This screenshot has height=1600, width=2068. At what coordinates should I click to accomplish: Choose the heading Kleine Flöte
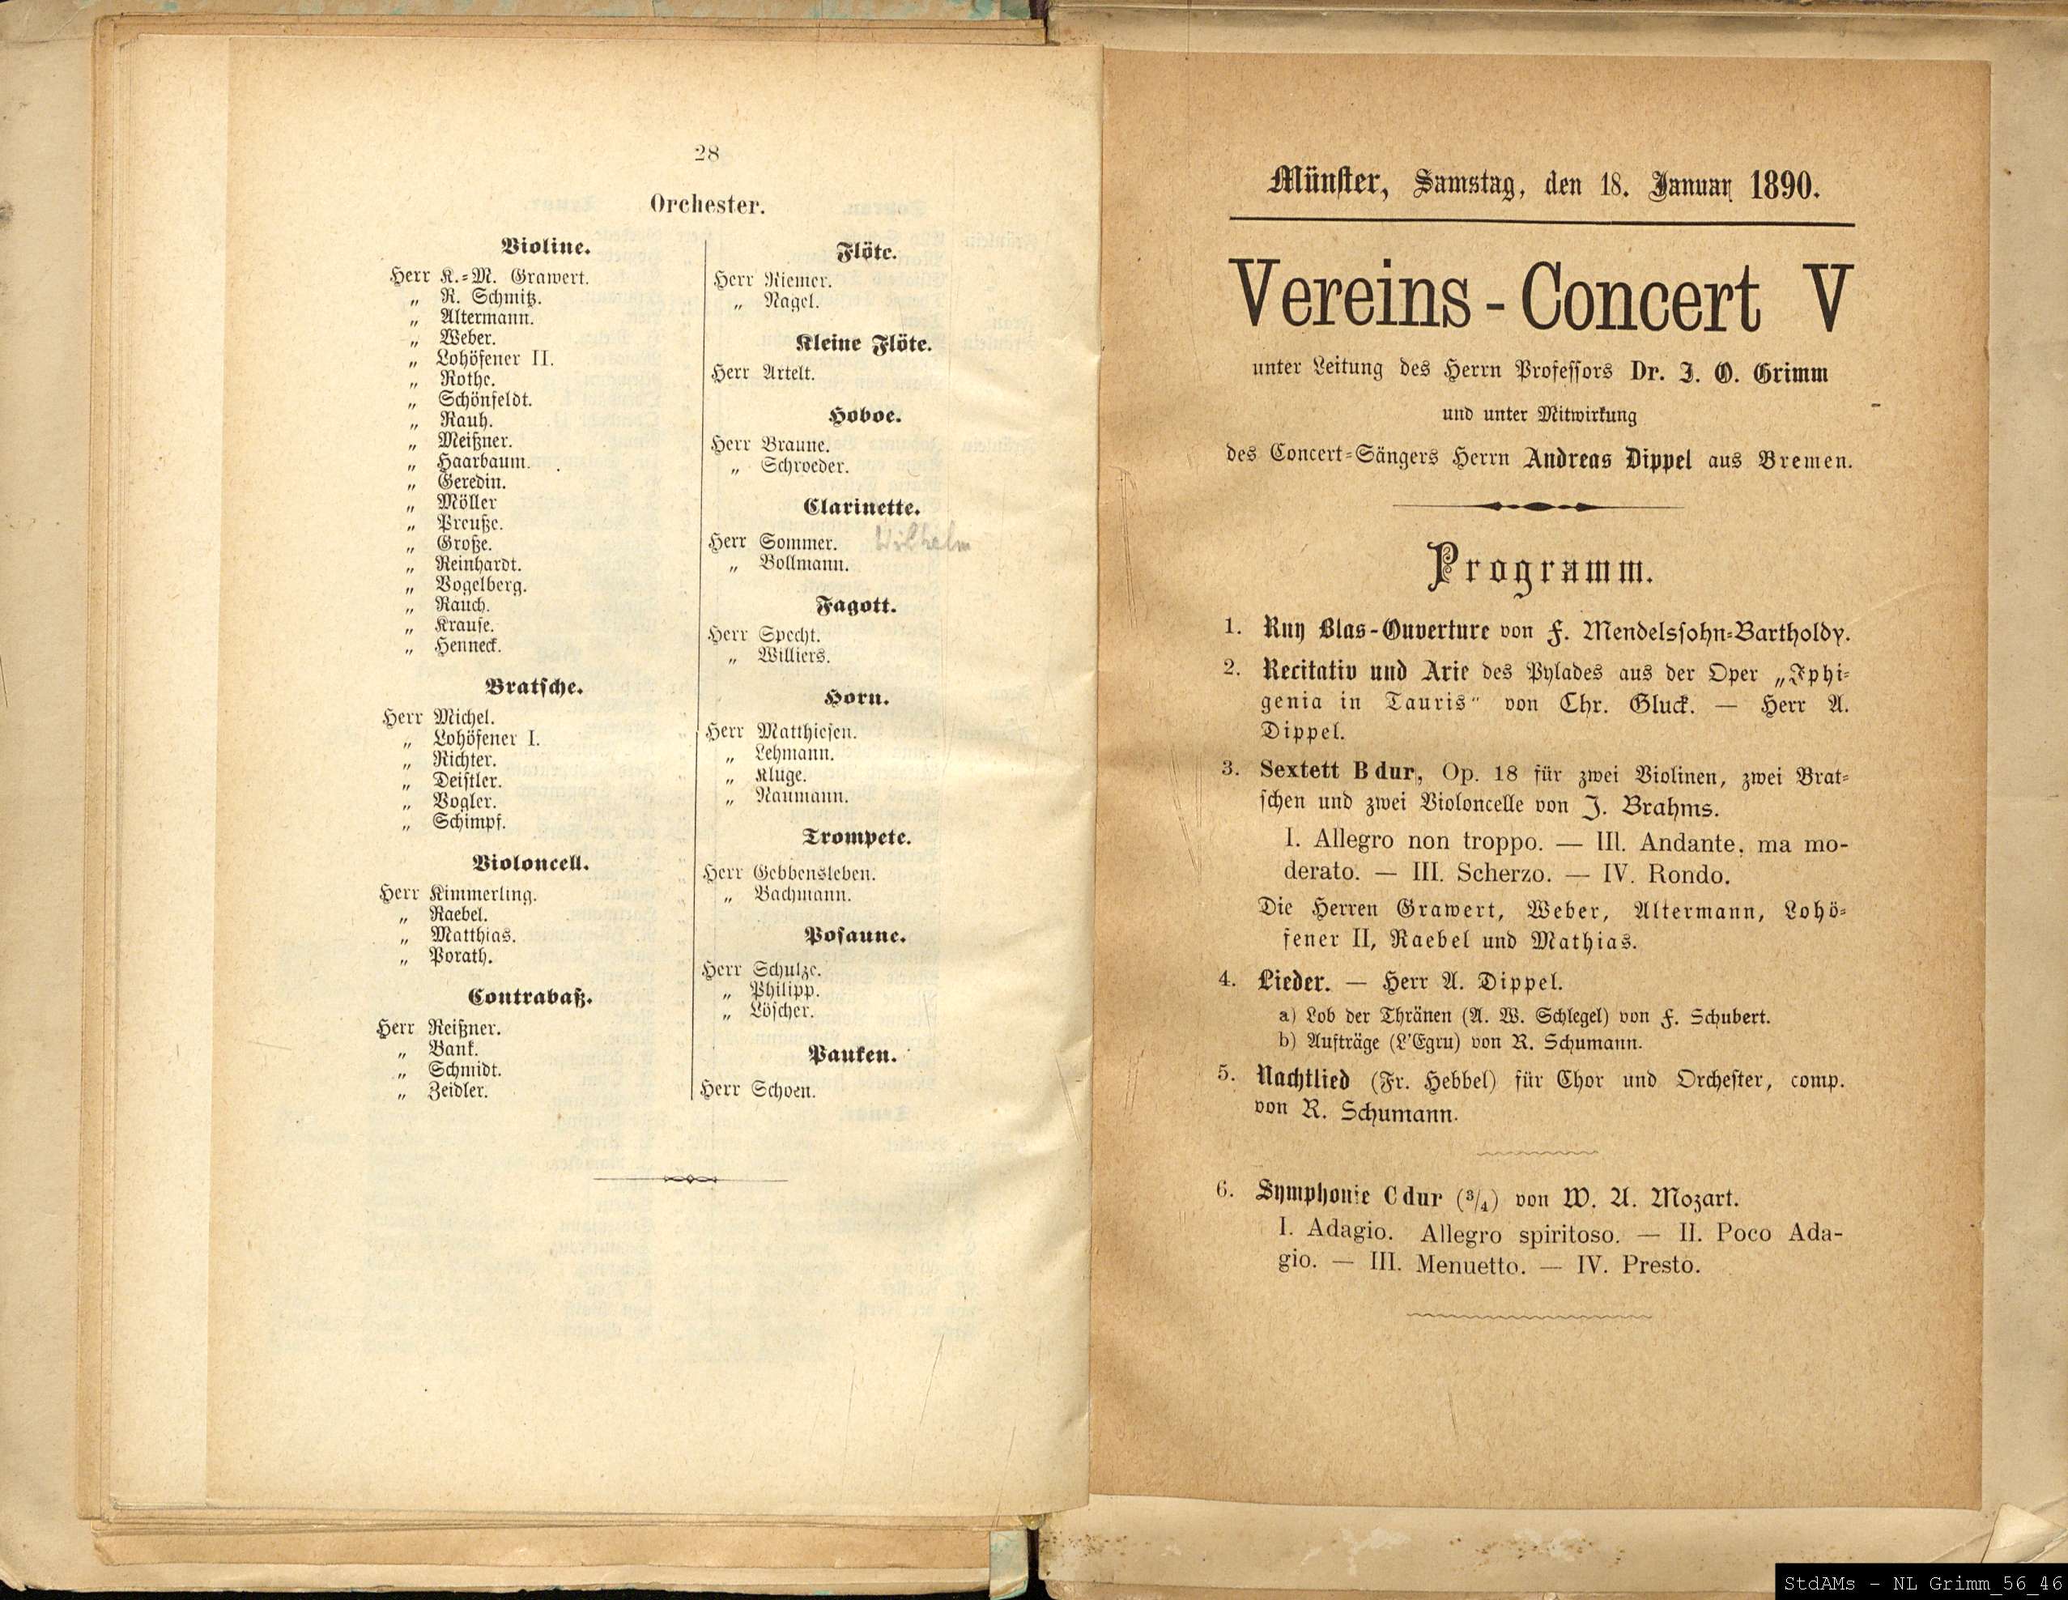click(x=865, y=345)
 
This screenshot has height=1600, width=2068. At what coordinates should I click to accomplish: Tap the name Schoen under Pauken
click(x=783, y=1091)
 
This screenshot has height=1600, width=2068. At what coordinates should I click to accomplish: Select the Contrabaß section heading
click(x=530, y=997)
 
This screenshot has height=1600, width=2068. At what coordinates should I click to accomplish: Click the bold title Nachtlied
click(x=1309, y=1079)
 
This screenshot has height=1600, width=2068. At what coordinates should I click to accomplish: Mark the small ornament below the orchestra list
click(x=688, y=1179)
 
